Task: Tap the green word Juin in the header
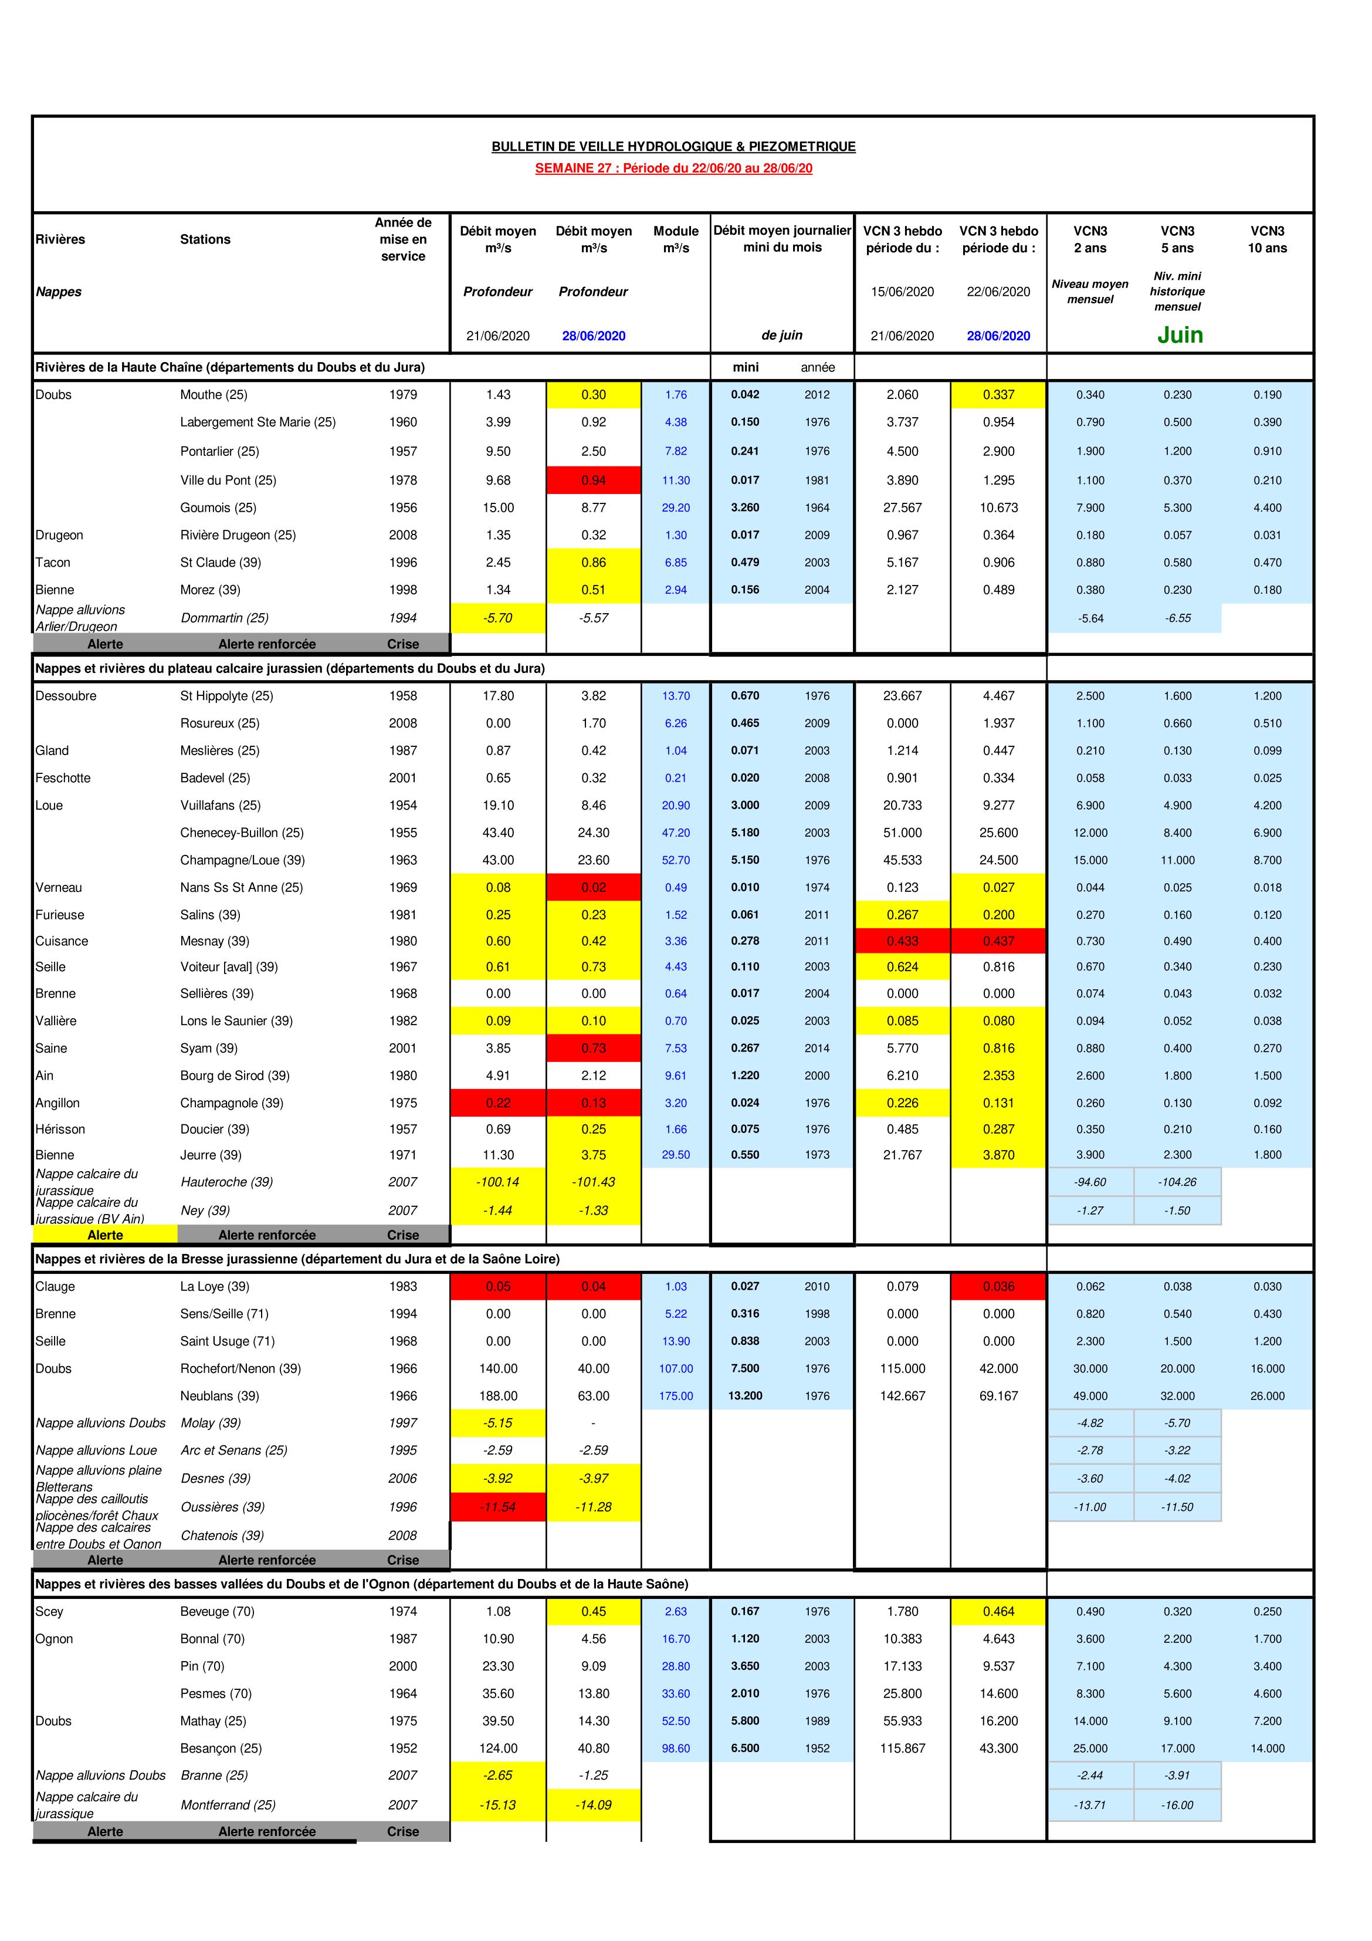pos(1179,335)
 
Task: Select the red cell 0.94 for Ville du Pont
pos(594,480)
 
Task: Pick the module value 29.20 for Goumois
pos(675,508)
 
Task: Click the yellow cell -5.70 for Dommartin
pos(498,618)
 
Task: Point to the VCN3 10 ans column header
pos(1266,239)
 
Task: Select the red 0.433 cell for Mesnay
pos(902,941)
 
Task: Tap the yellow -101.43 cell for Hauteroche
pos(594,1182)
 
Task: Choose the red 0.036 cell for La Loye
pos(998,1287)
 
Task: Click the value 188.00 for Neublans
pos(498,1396)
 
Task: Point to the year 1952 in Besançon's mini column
pos(817,1749)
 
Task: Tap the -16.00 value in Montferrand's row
pos(1177,1805)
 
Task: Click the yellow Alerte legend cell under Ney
pos(105,1235)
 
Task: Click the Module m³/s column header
pos(675,239)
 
